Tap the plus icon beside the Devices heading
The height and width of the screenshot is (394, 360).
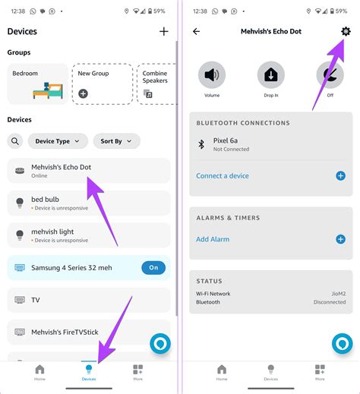163,31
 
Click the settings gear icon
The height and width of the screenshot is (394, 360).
346,31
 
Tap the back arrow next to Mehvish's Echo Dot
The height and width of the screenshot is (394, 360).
197,31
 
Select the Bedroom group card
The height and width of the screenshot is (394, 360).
37,84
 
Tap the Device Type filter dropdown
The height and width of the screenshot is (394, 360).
58,141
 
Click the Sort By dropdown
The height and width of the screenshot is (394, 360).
117,141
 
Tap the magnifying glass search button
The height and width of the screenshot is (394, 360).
15,141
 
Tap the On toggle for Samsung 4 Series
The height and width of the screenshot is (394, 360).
153,268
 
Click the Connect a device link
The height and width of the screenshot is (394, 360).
223,175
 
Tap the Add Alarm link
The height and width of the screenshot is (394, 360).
213,239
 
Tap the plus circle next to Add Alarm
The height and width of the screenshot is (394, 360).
340,239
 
